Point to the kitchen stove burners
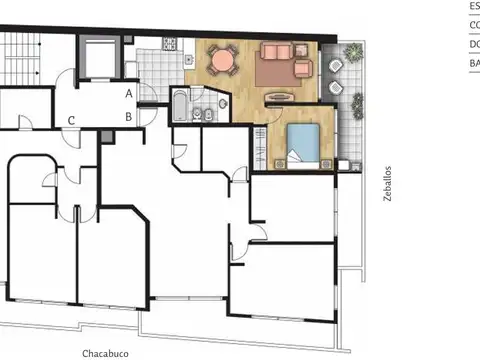(x=171, y=44)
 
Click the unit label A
(x=129, y=93)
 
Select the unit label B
(x=129, y=116)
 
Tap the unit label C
(x=71, y=122)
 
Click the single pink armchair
(x=302, y=69)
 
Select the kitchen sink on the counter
(x=145, y=43)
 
